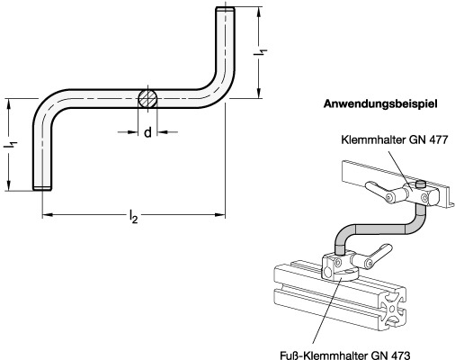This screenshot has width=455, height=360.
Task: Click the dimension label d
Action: pyautogui.click(x=147, y=132)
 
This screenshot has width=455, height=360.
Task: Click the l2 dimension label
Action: pyautogui.click(x=133, y=217)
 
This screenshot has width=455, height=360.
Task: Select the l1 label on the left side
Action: pyautogui.click(x=13, y=145)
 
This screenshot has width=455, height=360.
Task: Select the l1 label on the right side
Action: pyautogui.click(x=260, y=52)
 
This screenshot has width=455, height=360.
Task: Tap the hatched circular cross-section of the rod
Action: pyautogui.click(x=147, y=98)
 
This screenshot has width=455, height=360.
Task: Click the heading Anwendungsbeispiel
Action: pyautogui.click(x=380, y=104)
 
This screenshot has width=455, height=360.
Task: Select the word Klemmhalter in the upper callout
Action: pyautogui.click(x=370, y=139)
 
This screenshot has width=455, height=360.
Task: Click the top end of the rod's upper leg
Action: pyautogui.click(x=225, y=8)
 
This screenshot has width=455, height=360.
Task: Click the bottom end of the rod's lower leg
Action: pyautogui.click(x=42, y=188)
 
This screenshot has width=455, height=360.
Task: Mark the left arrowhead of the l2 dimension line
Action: pyautogui.click(x=48, y=214)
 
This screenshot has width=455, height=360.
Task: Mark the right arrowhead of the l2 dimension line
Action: pyautogui.click(x=219, y=214)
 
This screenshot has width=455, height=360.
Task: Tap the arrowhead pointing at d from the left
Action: pyautogui.click(x=132, y=132)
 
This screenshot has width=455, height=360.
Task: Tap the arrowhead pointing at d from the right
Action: pyautogui.click(x=163, y=132)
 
